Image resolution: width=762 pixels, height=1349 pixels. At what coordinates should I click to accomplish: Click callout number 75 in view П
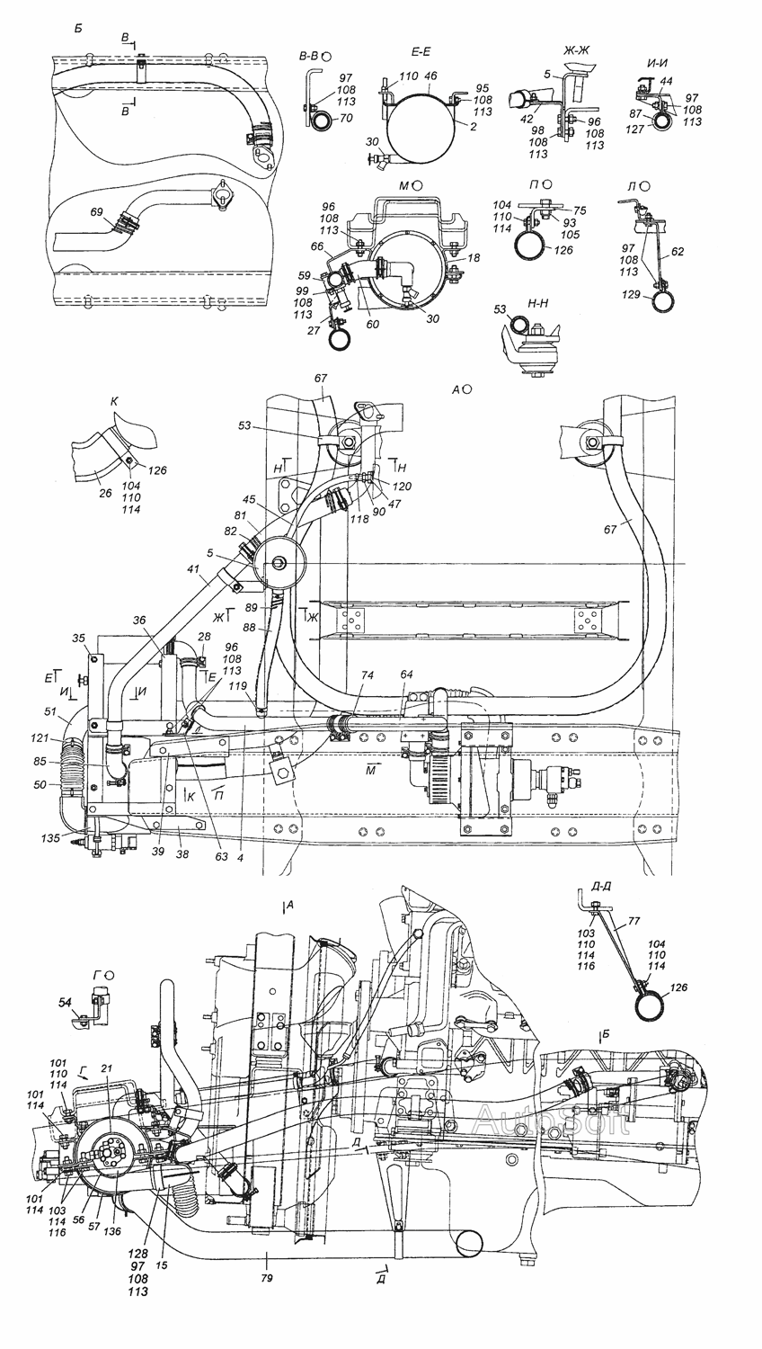point(579,210)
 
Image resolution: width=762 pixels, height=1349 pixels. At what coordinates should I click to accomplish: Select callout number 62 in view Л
point(678,253)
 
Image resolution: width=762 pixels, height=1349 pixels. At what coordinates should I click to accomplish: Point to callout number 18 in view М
point(474,257)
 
